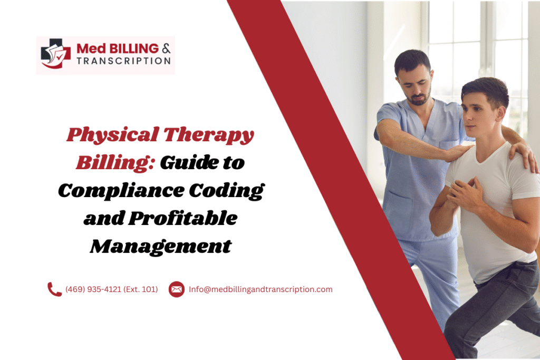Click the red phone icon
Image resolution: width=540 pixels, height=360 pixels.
(55, 289)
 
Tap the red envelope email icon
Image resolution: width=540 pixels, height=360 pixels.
(177, 289)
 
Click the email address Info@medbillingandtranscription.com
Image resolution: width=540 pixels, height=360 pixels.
(261, 289)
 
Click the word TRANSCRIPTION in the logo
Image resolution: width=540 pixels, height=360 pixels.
(123, 61)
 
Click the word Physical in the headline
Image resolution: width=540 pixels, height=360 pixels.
(110, 136)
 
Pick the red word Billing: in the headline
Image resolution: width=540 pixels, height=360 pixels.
(114, 163)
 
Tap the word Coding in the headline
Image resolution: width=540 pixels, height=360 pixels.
(230, 191)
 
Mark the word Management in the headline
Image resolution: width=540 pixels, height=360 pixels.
(160, 246)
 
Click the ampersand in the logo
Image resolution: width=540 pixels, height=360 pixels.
(166, 48)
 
